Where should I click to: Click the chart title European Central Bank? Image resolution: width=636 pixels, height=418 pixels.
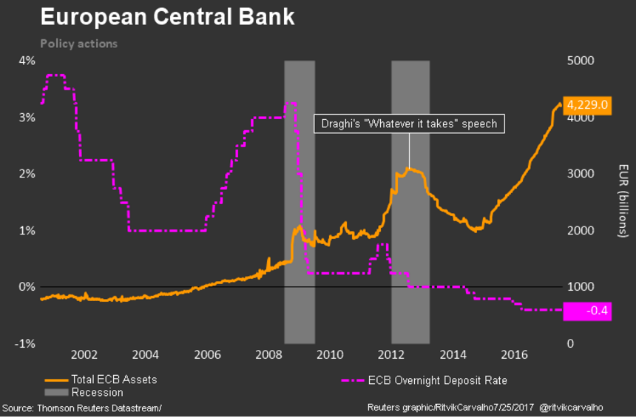pos(167,18)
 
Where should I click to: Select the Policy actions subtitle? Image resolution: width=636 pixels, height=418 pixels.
pos(78,44)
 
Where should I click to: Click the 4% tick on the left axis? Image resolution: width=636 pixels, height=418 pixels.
pos(27,61)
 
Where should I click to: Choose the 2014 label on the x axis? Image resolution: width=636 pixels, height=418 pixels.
pos(454,354)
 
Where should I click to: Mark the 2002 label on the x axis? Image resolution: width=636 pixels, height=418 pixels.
pos(84,354)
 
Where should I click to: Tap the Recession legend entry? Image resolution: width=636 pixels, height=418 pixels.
pos(97,392)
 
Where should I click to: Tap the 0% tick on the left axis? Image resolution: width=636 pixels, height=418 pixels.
pos(27,287)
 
